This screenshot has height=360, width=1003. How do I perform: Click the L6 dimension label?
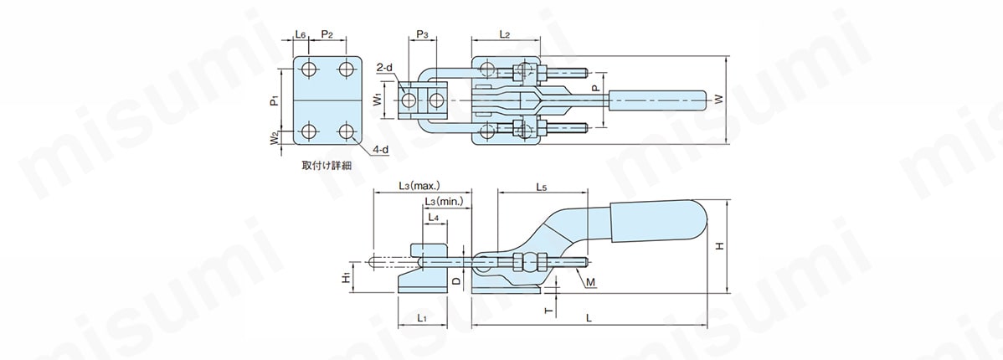pyautogui.click(x=301, y=34)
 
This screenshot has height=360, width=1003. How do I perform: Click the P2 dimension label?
pyautogui.click(x=327, y=34)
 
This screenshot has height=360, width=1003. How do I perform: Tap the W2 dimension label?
pyautogui.click(x=273, y=138)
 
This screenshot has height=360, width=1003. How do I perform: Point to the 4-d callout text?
pyautogui.click(x=381, y=149)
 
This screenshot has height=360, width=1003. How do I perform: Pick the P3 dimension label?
pyautogui.click(x=422, y=34)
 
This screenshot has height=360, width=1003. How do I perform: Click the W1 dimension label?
pyautogui.click(x=378, y=100)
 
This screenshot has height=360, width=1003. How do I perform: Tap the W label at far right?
pyautogui.click(x=719, y=100)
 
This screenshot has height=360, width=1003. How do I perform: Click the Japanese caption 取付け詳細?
pyautogui.click(x=327, y=165)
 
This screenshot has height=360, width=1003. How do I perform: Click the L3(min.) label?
pyautogui.click(x=444, y=201)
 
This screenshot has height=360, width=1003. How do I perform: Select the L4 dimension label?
pyautogui.click(x=433, y=218)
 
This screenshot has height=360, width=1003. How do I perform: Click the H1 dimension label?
pyautogui.click(x=346, y=277)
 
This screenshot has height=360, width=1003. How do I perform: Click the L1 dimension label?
pyautogui.click(x=422, y=317)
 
